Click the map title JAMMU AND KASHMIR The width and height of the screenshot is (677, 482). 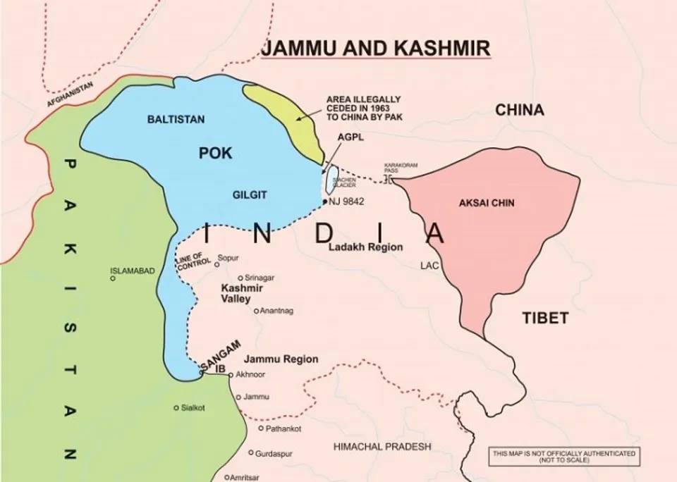[375, 48]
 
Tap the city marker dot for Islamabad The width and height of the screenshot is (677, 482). [113, 278]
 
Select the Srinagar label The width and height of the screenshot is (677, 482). [260, 278]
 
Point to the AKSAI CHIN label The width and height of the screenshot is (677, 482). [487, 203]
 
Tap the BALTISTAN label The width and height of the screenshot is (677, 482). [176, 119]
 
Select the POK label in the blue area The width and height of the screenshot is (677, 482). [216, 154]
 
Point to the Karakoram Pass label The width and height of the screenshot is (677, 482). [401, 168]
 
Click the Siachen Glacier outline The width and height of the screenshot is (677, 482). [330, 180]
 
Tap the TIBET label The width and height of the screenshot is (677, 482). [545, 318]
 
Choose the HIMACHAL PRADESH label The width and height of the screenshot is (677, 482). [382, 447]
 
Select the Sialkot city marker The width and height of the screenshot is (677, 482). [176, 408]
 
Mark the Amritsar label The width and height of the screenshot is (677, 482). [245, 477]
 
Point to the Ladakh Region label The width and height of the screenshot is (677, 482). [365, 247]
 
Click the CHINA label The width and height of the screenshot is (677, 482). [519, 110]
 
